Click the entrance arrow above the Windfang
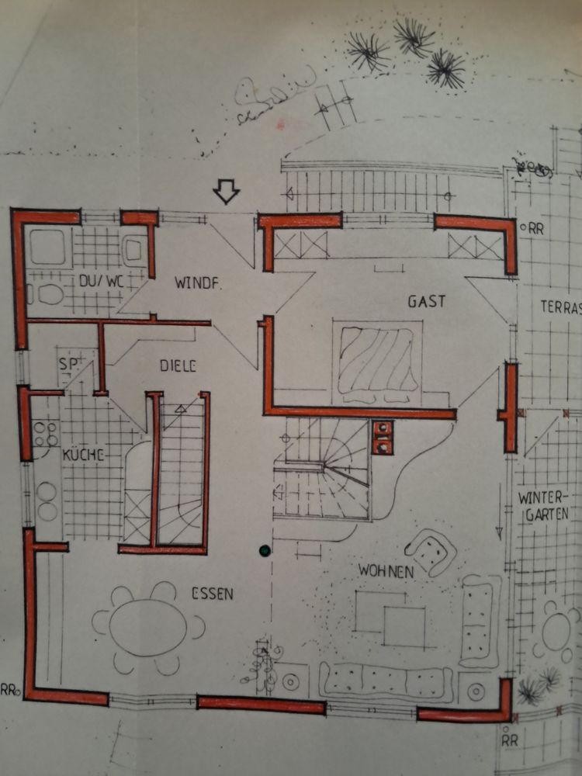(226, 192)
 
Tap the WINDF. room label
(198, 283)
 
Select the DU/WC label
(101, 281)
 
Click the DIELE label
(178, 365)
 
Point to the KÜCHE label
(83, 454)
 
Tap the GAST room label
(427, 301)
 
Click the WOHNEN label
(386, 570)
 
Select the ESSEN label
(213, 594)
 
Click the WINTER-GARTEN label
(543, 506)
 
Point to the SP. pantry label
(69, 364)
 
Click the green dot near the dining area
(265, 550)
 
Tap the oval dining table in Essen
(148, 628)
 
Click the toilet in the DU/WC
(46, 294)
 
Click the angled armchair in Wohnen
(431, 552)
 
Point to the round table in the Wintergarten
(556, 632)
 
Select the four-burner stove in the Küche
(46, 434)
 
